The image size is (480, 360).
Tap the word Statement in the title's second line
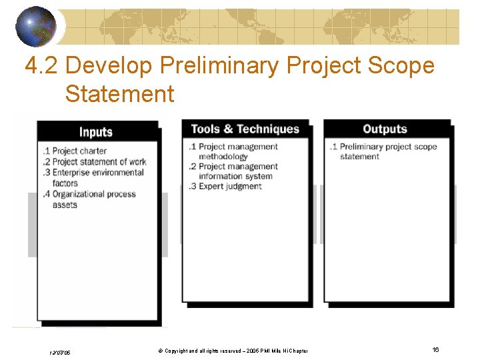click(x=119, y=94)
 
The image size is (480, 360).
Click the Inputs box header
click(x=96, y=132)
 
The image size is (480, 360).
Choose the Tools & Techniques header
click(x=245, y=129)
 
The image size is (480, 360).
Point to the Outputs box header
click(x=385, y=129)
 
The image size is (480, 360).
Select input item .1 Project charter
click(x=75, y=151)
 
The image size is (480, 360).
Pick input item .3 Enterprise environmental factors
click(x=93, y=178)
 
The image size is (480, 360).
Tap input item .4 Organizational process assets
click(x=90, y=199)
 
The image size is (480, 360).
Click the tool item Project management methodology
click(x=233, y=151)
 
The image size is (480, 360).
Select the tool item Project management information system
click(x=233, y=171)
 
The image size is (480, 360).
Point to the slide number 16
click(x=435, y=350)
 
